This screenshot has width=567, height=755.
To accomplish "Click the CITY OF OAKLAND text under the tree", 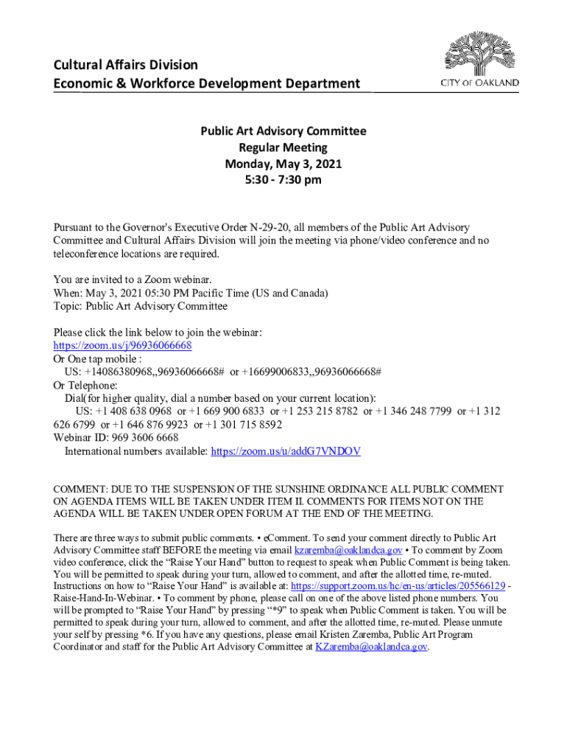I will [479, 83].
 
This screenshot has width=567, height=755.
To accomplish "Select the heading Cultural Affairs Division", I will [125, 65].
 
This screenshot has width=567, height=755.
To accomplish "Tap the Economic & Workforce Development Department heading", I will [207, 83].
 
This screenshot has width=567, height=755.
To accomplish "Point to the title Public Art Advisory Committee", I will [283, 131].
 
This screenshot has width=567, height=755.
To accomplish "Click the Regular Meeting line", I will [283, 147].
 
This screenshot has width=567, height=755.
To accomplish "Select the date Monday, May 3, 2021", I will [283, 164].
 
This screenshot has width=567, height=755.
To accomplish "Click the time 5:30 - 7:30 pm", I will [283, 180].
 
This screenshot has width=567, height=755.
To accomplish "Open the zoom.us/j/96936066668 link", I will [122, 345].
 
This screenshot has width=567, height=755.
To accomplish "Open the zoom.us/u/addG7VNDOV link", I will [286, 451].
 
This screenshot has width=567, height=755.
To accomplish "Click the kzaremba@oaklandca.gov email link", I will [348, 550].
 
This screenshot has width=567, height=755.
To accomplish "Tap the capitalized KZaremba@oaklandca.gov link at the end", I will [371, 647].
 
